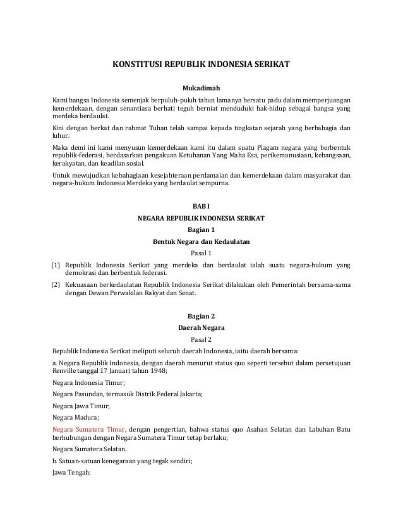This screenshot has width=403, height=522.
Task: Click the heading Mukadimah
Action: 201,87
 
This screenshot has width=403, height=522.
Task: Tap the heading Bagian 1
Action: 201,230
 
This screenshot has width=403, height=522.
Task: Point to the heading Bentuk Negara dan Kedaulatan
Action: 201,242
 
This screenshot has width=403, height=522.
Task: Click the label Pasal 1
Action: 201,253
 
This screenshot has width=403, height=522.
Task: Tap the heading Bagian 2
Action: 201,316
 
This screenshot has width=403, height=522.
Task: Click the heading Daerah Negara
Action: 201,328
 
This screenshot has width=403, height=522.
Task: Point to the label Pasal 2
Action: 201,339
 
